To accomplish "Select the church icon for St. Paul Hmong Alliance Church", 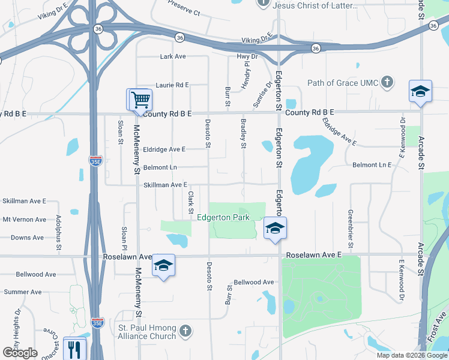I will click(x=185, y=331).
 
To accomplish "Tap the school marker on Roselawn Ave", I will click(x=163, y=265).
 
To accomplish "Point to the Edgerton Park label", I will click(x=223, y=217).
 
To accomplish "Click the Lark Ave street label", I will click(x=173, y=56).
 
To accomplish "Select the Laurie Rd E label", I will click(x=172, y=85).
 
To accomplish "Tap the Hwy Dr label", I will click(x=247, y=56).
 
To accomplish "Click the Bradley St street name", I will click(x=244, y=132).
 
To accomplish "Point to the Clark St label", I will click(x=190, y=202).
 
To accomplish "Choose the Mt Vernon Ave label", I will click(x=24, y=220).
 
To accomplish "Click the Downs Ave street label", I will click(x=27, y=238).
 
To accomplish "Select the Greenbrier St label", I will click(x=349, y=228).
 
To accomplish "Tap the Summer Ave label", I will click(x=23, y=292).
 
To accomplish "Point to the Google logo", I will click(x=20, y=353).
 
